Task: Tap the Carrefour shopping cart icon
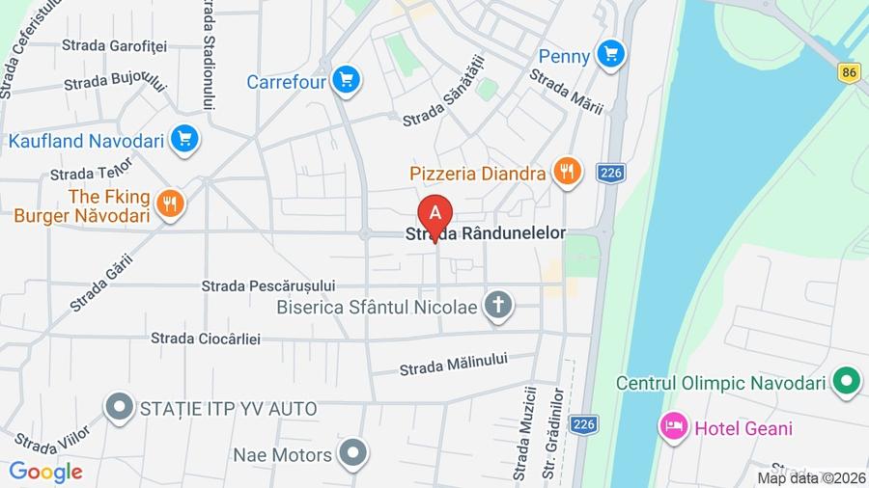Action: [x=347, y=80]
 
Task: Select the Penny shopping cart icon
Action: [x=609, y=54]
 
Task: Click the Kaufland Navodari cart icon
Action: [x=183, y=140]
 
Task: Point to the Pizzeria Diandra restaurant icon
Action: [x=567, y=173]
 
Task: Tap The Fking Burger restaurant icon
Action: [x=170, y=203]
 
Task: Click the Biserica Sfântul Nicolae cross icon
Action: [x=498, y=306]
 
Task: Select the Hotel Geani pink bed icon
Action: [x=673, y=426]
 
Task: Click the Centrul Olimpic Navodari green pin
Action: [x=847, y=382]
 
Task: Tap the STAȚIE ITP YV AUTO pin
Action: [x=120, y=408]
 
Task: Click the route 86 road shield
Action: [x=849, y=71]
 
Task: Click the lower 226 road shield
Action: [x=584, y=424]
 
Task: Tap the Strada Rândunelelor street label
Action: [x=486, y=234]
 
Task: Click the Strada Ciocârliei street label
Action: [x=219, y=338]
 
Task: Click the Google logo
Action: [x=44, y=473]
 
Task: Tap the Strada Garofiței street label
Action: [x=115, y=45]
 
